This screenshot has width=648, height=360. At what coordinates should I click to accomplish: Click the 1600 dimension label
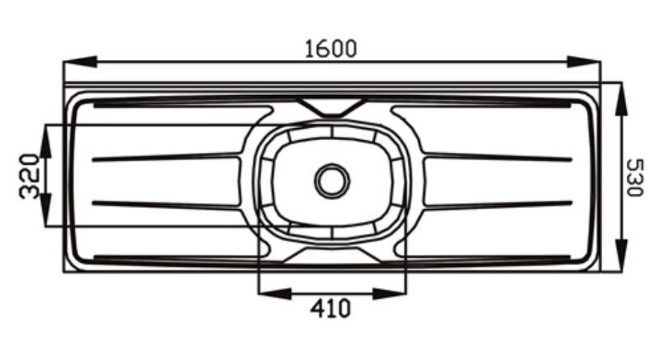[330, 49]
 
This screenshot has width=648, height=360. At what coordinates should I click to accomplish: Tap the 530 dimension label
[635, 178]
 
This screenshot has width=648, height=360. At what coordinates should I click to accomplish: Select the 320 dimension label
[30, 176]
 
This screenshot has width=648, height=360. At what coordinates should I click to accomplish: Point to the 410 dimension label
[330, 308]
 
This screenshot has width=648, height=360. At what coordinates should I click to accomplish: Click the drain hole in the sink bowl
[332, 180]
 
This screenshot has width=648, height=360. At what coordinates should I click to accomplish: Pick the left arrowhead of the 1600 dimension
[80, 61]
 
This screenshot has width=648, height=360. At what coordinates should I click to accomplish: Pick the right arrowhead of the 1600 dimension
[583, 61]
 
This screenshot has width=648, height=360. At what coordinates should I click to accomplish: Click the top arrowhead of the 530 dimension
[621, 99]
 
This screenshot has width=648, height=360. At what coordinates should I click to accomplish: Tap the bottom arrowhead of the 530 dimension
[621, 256]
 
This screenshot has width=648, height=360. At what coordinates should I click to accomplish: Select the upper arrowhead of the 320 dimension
[46, 141]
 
